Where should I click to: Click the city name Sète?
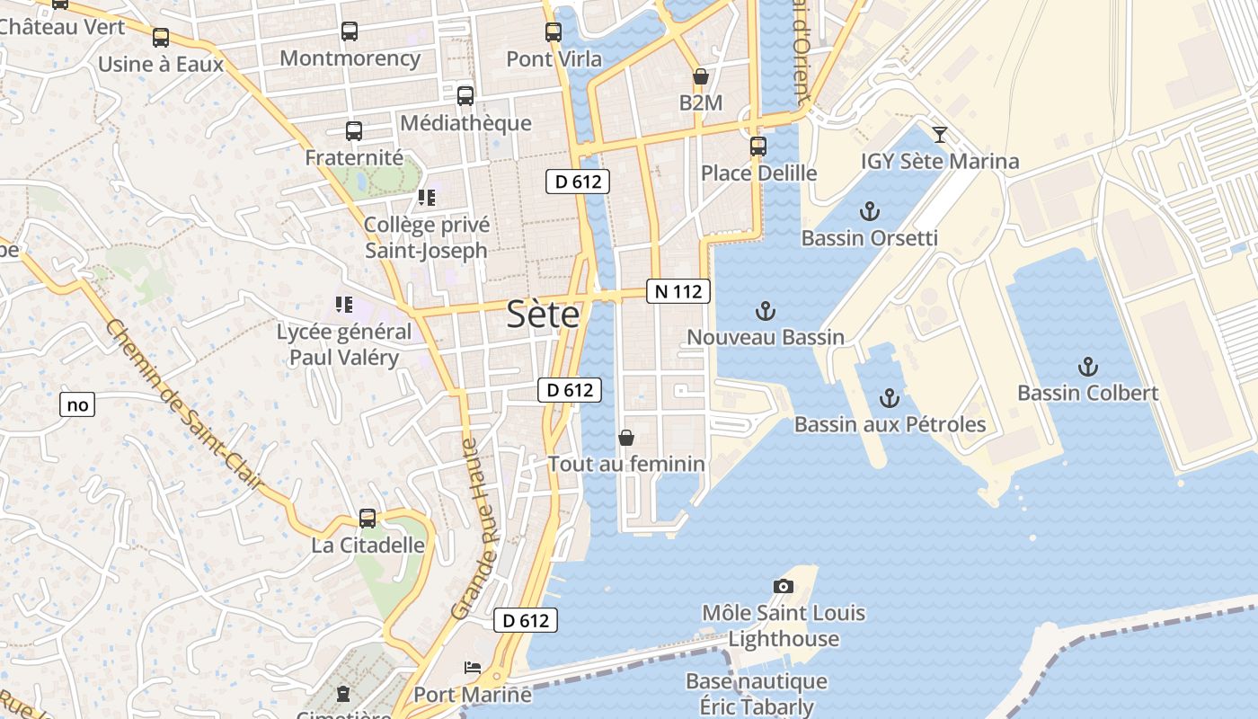543,314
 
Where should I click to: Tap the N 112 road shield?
678,291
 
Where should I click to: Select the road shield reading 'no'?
78,404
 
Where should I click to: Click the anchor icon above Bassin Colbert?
1088,367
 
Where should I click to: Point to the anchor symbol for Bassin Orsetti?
869,212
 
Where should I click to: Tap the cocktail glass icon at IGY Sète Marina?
940,135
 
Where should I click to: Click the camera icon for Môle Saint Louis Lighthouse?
784,586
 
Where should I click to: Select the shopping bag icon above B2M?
700,77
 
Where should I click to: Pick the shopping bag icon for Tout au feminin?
626,438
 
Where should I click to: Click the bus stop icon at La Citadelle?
368,519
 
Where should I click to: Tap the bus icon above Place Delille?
758,146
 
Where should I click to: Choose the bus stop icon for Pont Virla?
554,32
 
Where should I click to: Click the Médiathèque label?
465,123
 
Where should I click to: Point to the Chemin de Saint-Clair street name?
184,404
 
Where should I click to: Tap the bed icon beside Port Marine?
473,668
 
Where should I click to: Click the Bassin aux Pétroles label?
890,424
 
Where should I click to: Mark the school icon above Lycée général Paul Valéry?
343,305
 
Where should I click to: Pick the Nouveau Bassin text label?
766,337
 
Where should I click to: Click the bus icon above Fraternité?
354,131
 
